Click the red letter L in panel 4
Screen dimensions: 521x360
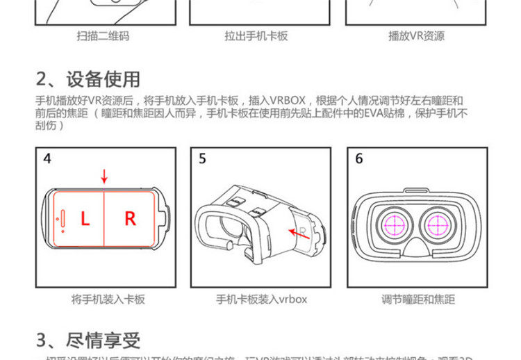[x=85, y=219]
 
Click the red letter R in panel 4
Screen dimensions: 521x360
[x=130, y=219]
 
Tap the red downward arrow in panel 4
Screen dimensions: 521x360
[x=104, y=177]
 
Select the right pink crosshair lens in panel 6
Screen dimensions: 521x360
[x=439, y=226]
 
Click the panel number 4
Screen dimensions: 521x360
[x=47, y=159]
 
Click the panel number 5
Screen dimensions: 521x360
[x=202, y=159]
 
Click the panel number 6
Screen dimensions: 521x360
[x=359, y=159]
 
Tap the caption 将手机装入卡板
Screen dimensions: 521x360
[x=108, y=300]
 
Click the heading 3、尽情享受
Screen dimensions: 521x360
[x=88, y=340]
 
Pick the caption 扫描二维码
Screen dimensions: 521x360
[x=103, y=36]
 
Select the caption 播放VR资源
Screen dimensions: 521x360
[x=416, y=36]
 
